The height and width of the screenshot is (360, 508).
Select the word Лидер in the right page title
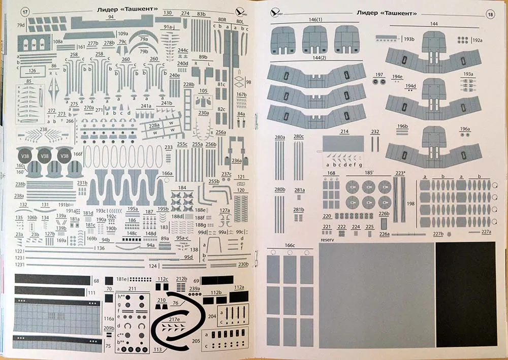[368, 13]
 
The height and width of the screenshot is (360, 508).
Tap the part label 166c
[290, 246]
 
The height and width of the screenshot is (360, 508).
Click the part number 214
[344, 132]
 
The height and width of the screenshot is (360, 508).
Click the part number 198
[411, 204]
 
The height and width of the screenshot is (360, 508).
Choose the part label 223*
[400, 174]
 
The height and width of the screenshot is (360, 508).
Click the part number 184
[182, 188]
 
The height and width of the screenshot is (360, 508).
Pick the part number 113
[157, 349]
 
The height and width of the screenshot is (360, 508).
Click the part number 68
[96, 281]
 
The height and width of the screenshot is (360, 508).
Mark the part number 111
[91, 293]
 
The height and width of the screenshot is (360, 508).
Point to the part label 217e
[175, 319]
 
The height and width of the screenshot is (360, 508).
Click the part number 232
[375, 132]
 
